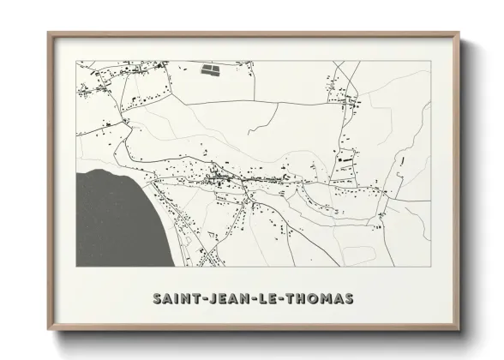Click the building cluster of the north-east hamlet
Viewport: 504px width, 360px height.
(347, 104)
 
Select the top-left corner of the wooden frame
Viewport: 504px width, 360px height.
(48, 33)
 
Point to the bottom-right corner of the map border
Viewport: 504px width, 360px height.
(429, 267)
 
